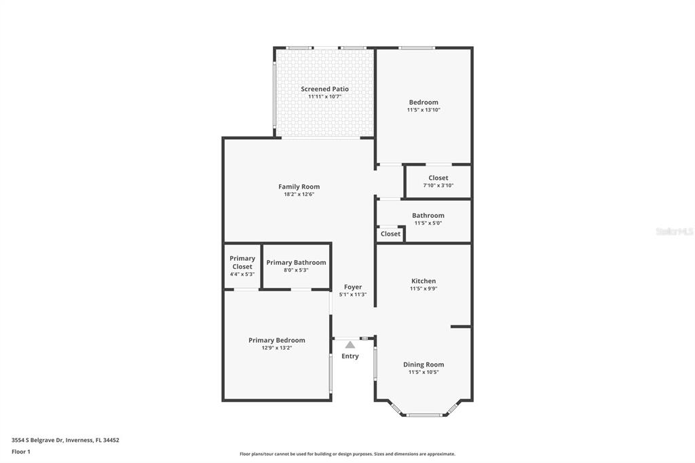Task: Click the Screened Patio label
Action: click(x=325, y=89)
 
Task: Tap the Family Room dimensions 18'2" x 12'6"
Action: click(x=299, y=194)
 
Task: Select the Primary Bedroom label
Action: click(x=276, y=340)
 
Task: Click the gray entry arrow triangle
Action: click(x=350, y=345)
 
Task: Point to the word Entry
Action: click(x=350, y=356)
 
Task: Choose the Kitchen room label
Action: click(x=424, y=281)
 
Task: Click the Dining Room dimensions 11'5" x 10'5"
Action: click(x=424, y=372)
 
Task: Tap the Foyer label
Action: click(x=353, y=287)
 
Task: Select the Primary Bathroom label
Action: click(x=296, y=263)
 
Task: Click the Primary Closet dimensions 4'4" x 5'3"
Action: click(x=242, y=274)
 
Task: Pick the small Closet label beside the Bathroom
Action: click(x=390, y=234)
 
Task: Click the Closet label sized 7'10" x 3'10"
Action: click(x=438, y=178)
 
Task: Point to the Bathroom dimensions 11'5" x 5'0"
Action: click(x=428, y=223)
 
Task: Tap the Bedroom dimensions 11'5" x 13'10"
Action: click(x=424, y=109)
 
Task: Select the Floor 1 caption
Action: click(x=21, y=451)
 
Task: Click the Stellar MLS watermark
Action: click(x=675, y=231)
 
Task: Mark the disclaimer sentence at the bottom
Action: click(x=347, y=454)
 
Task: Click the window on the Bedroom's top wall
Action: click(x=417, y=48)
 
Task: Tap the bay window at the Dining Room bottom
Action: click(x=424, y=415)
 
